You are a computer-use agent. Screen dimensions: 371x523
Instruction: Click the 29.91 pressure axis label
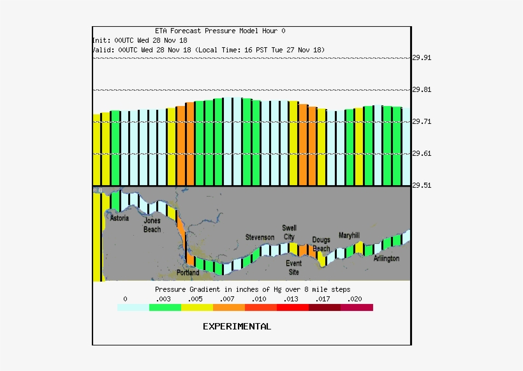[422, 58]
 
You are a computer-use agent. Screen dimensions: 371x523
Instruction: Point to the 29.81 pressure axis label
[422, 90]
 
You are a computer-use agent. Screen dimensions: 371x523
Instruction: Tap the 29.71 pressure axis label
[422, 121]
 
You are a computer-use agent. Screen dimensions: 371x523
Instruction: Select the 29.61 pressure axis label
[422, 153]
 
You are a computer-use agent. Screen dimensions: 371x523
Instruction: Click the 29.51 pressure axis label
[422, 186]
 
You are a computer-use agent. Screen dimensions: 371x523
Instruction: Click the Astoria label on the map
[119, 218]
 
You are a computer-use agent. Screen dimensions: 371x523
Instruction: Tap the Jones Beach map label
[152, 225]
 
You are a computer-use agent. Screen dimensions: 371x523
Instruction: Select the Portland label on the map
[188, 273]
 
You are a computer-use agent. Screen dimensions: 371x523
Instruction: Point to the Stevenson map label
[260, 238]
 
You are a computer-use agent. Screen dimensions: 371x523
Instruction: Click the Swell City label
[290, 232]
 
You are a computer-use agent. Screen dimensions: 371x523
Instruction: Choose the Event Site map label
[293, 268]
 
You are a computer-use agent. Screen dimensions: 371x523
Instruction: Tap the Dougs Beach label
[321, 245]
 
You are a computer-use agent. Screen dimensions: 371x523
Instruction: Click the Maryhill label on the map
[349, 235]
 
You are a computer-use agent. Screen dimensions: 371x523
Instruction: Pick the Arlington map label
[387, 259]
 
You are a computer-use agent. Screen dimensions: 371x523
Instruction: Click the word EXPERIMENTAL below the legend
[237, 326]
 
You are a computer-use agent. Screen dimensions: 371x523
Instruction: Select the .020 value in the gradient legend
[355, 299]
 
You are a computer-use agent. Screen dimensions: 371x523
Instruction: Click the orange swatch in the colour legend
[229, 308]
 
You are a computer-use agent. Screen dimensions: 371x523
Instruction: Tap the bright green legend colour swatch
[165, 308]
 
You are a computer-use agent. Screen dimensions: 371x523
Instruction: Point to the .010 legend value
[260, 299]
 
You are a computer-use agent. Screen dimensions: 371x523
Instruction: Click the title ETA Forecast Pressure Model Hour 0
[220, 31]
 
